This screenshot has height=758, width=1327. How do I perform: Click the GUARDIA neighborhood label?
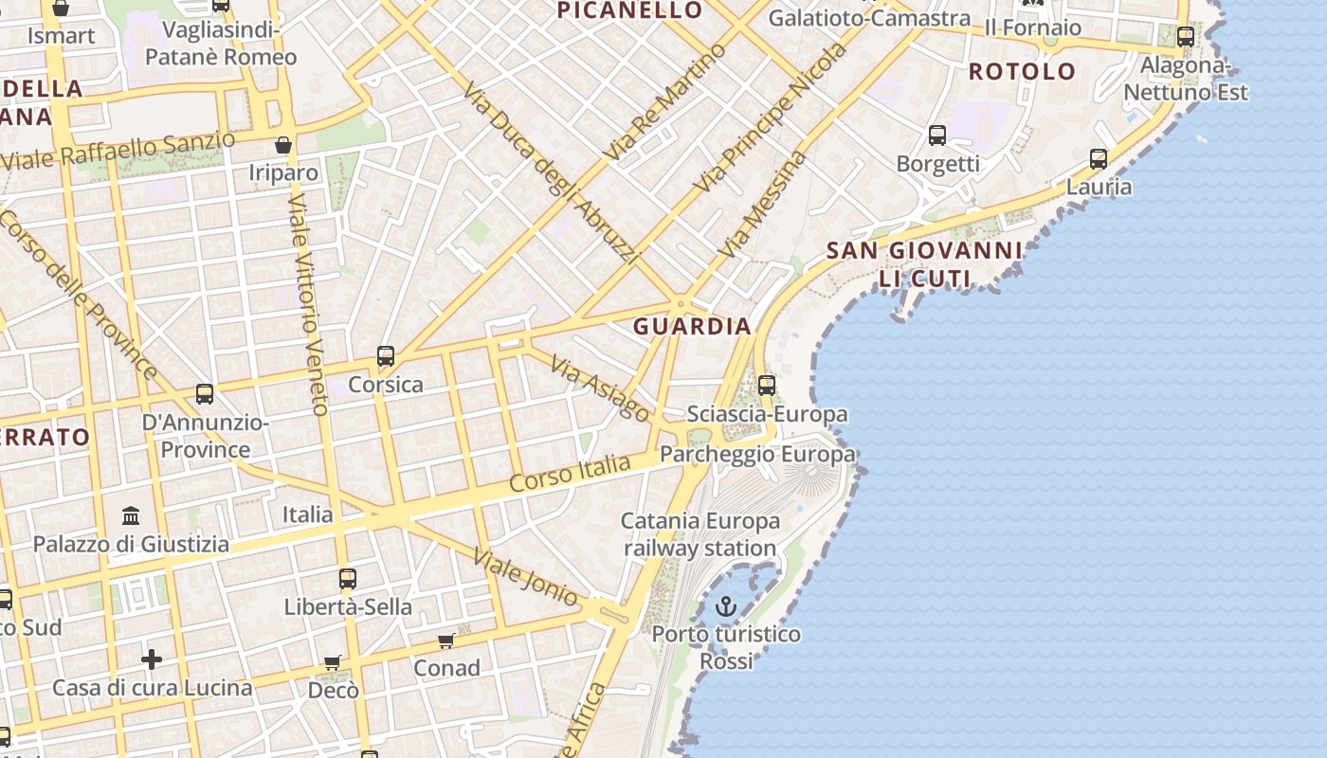coord(692,327)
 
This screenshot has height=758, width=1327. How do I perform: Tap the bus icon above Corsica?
coord(386,357)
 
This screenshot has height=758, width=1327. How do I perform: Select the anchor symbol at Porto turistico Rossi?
coord(726,606)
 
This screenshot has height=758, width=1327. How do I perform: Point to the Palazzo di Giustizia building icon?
coord(131,516)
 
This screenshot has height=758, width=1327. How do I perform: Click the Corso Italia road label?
coord(570,473)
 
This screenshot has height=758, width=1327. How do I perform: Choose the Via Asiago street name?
coord(600,389)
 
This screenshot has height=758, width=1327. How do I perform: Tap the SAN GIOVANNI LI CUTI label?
coord(924,264)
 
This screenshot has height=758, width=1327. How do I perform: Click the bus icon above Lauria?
coord(1099,159)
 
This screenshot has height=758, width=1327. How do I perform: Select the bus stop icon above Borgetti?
coord(937,135)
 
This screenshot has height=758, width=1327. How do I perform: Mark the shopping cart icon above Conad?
coord(446,641)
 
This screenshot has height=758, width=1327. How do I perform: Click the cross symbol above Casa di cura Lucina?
coord(152,659)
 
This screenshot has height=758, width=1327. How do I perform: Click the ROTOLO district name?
coord(1022,71)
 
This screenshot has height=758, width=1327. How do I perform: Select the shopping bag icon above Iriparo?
coord(282,145)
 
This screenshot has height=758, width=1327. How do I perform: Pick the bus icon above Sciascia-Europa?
coord(767,386)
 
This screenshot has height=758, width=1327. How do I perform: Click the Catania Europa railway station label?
coord(700,534)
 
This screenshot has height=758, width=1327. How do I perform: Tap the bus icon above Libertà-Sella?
coord(348,579)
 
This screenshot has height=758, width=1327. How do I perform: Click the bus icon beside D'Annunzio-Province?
coord(205,394)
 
